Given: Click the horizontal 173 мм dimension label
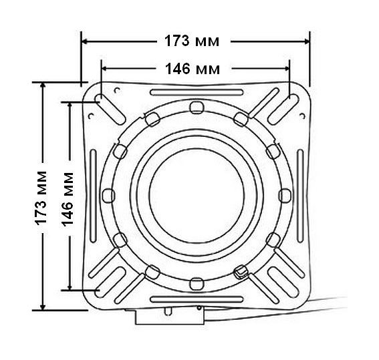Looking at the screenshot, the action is pos(192,41).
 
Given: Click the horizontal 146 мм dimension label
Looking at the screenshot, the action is pos(193,69).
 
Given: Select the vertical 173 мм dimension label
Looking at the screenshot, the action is pos(41,198).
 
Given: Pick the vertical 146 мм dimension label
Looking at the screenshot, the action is pos(68,199).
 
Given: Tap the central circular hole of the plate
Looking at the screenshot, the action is pos(197,195).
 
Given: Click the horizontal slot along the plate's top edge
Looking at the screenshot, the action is pos(197,92).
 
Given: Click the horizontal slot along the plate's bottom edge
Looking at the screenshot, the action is pos(197,300).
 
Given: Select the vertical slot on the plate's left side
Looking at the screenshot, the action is pos(93,196).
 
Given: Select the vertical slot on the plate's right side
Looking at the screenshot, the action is pos(300,196).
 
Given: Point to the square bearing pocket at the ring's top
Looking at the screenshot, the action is pos(197,108).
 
